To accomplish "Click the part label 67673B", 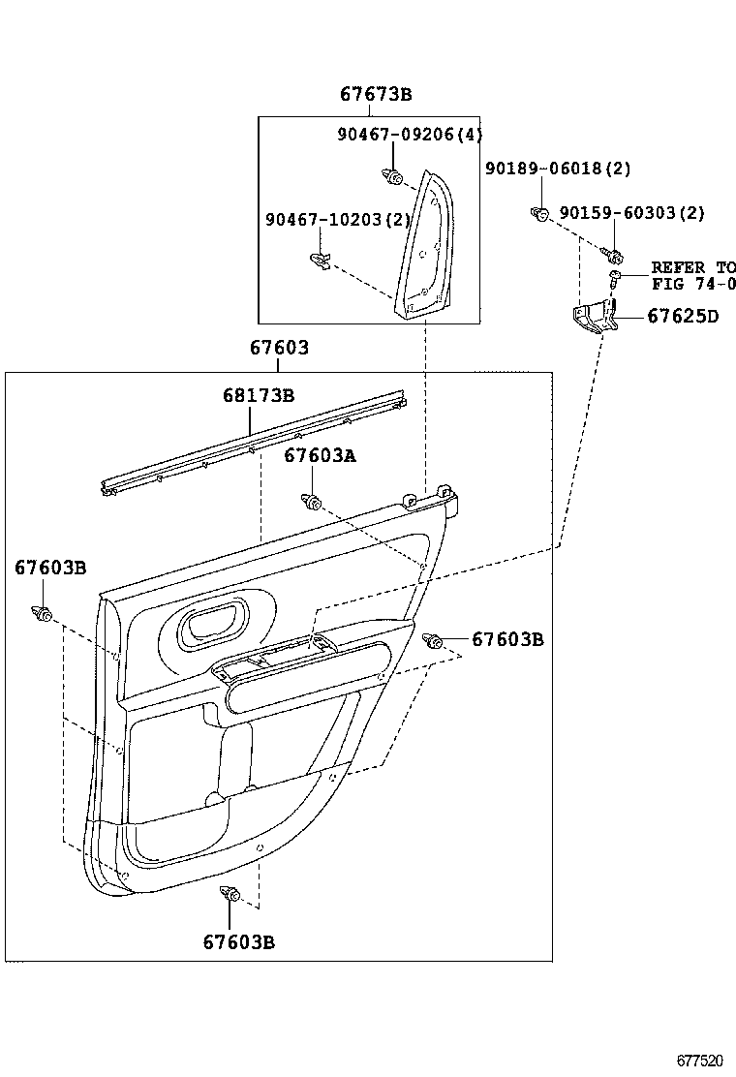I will point(376,94).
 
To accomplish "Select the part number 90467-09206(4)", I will point(409,135).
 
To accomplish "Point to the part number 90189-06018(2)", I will point(557,169).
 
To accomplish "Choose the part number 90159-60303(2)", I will point(631,213).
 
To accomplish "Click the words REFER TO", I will point(692,266).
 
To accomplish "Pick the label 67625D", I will point(682,315).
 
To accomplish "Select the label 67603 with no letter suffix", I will point(279,348).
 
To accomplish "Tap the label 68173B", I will point(258,395).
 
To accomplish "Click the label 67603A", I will point(320,456).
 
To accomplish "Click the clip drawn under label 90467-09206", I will point(392,175).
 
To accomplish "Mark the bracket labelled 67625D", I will point(592,318).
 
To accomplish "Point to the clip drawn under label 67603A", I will point(311,501).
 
